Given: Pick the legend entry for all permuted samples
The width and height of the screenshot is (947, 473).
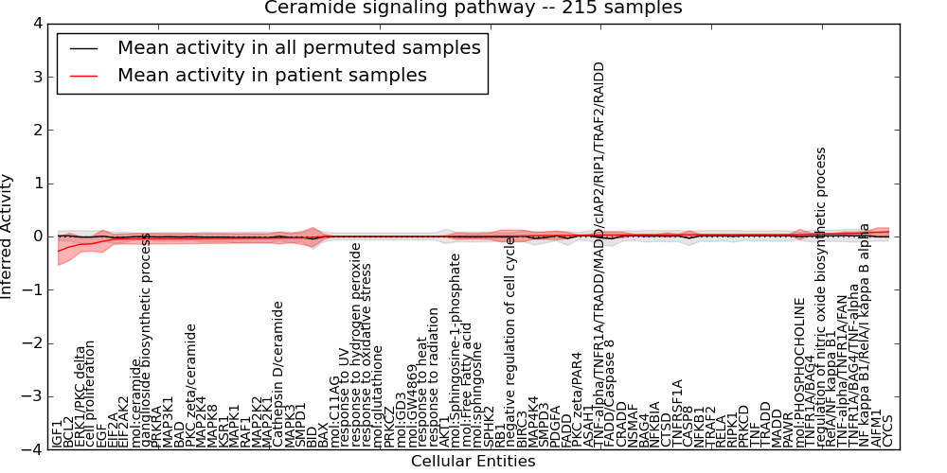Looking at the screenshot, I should coord(298,47).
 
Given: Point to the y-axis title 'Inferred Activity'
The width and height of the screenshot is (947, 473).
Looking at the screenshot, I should coord(8,236).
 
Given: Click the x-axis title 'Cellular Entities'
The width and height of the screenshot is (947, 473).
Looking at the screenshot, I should coord(473,462).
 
